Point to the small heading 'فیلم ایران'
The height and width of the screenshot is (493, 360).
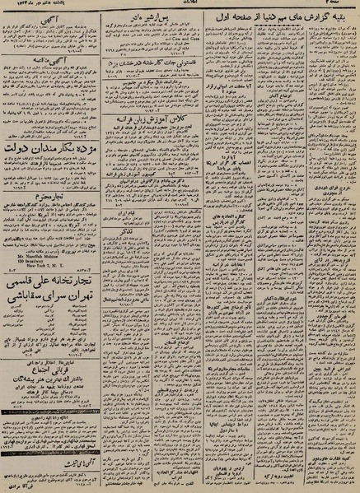click(153, 212)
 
